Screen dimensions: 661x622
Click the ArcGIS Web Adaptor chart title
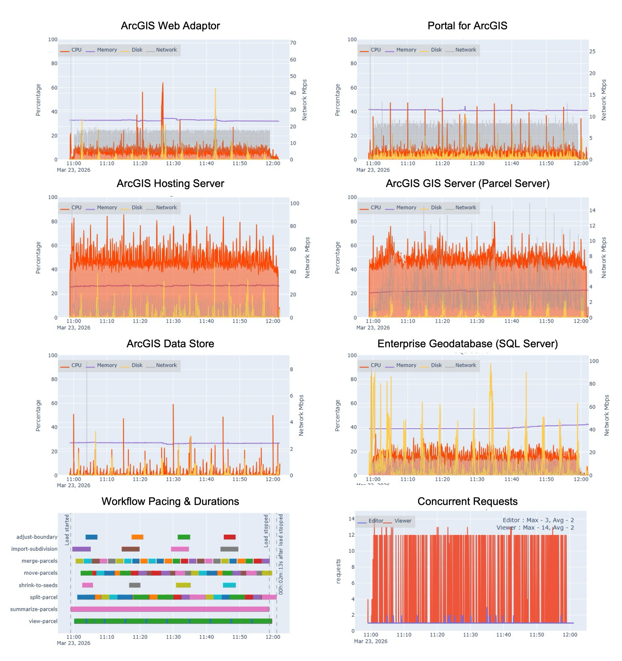point(170,26)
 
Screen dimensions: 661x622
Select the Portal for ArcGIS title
point(467,26)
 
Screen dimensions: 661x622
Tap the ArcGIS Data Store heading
point(170,343)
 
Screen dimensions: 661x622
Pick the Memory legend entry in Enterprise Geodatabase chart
point(406,365)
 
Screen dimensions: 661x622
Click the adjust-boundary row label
point(37,537)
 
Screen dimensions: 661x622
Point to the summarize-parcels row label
point(34,609)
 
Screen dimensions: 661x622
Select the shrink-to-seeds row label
point(38,585)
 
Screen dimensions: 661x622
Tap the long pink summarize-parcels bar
point(170,609)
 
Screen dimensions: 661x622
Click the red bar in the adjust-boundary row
point(230,537)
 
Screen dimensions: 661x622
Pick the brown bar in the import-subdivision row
point(131,549)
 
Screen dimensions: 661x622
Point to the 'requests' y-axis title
point(338,571)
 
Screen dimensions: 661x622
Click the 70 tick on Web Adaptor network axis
point(293,43)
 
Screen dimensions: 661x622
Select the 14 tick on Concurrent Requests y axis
point(351,519)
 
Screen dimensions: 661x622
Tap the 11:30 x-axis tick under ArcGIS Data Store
point(173,479)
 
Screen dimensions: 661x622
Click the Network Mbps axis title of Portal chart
point(604,100)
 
